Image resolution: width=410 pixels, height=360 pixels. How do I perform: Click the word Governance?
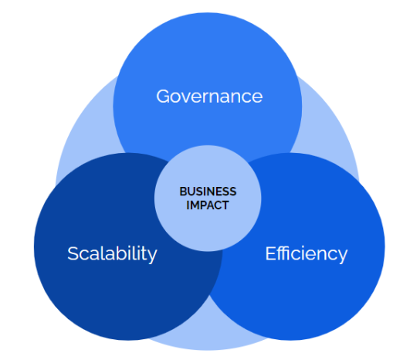pyautogui.click(x=209, y=97)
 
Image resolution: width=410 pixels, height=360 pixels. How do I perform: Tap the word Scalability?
pyautogui.click(x=112, y=253)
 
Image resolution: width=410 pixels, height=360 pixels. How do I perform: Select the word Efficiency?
pyautogui.click(x=307, y=253)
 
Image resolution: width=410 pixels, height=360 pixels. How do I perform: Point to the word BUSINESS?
pyautogui.click(x=208, y=192)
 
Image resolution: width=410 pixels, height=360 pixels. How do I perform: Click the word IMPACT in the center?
pyautogui.click(x=208, y=205)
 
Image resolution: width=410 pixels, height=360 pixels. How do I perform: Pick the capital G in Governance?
pyautogui.click(x=163, y=97)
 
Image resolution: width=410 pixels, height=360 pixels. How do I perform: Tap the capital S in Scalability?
pyautogui.click(x=73, y=253)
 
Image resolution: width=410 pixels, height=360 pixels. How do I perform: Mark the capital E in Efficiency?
pyautogui.click(x=271, y=253)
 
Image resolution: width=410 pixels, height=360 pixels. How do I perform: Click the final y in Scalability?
pyautogui.click(x=152, y=256)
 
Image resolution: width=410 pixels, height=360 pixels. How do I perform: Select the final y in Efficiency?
pyautogui.click(x=342, y=256)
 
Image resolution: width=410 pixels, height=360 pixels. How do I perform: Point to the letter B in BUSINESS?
pyautogui.click(x=183, y=192)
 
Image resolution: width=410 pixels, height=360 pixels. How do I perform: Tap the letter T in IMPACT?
pyautogui.click(x=225, y=205)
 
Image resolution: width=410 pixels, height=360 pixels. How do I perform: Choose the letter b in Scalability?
pyautogui.click(x=118, y=253)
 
